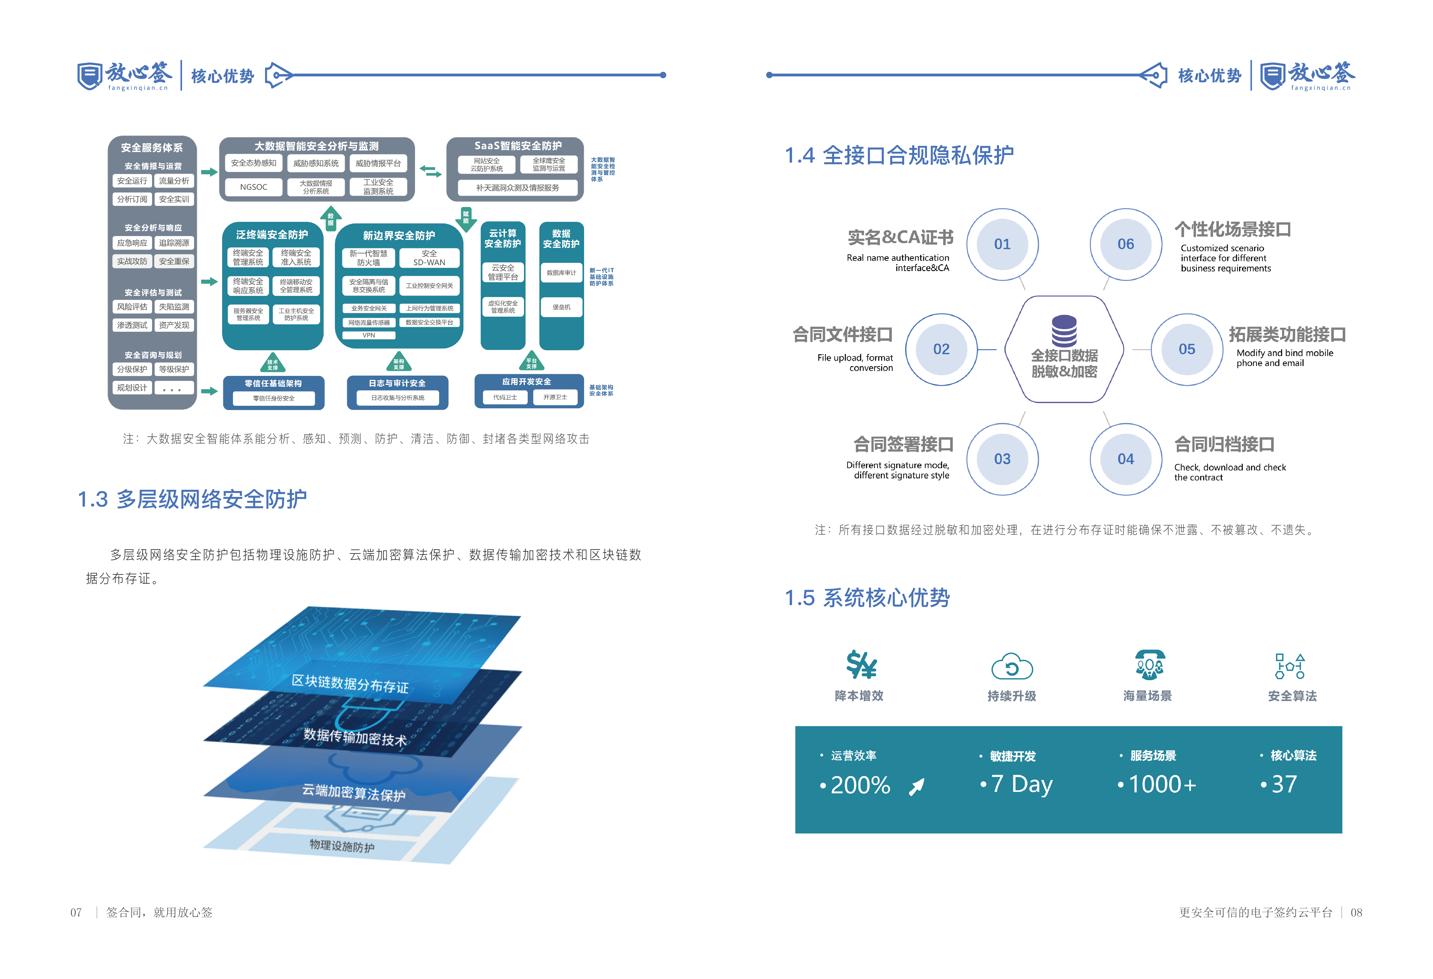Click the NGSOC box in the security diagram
[253, 187]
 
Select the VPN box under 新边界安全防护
[369, 335]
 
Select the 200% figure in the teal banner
[860, 785]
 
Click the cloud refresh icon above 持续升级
[1012, 667]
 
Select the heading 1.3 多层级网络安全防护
[193, 499]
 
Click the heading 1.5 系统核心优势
[867, 598]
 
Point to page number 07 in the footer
[76, 912]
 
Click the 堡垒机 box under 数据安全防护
[561, 307]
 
